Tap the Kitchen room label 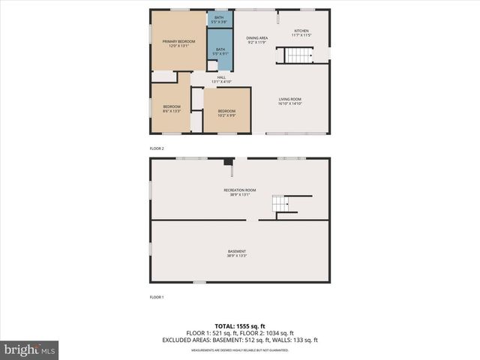coord(301,33)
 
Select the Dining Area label coord(257,40)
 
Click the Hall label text coord(221,79)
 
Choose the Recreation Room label coord(239,192)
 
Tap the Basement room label coord(237,253)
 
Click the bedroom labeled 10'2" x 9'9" coord(226,113)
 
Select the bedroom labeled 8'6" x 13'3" coord(172,109)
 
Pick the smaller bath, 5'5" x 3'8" coord(219,19)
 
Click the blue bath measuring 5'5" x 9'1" coord(220,52)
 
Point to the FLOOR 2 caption coord(157,148)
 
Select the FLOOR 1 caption coord(157,298)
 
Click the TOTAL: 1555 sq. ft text coord(239,325)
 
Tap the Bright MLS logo coord(30,350)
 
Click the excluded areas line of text coord(239,340)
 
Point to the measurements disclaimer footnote coord(239,349)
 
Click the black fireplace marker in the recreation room coord(228,160)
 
